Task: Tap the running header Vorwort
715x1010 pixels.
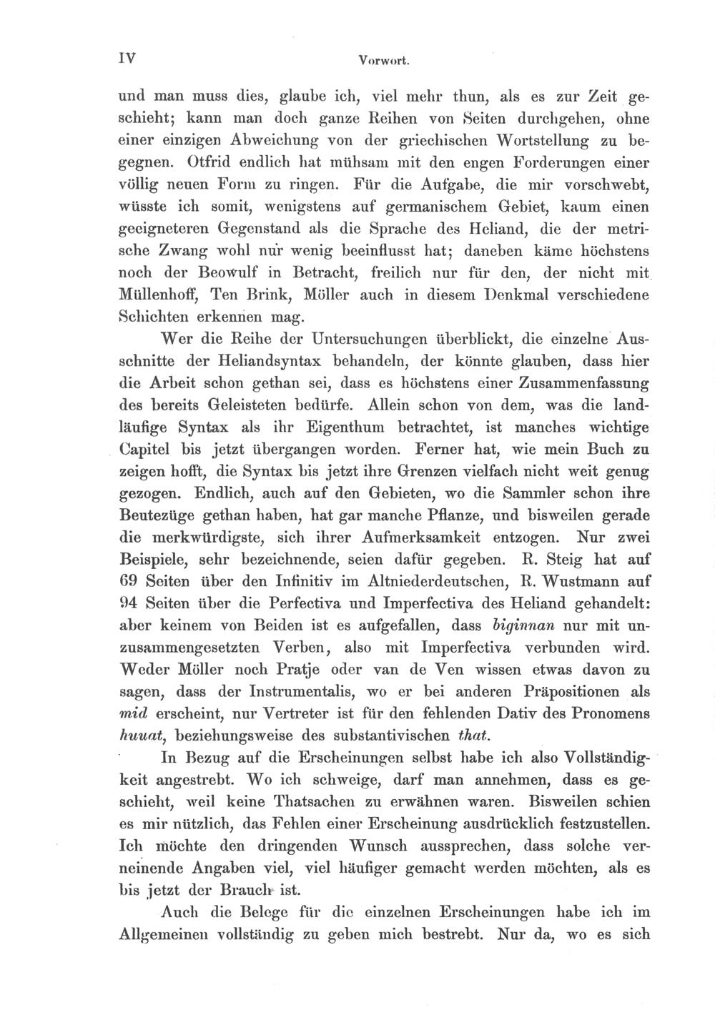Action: point(383,61)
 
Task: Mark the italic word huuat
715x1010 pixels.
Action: point(138,736)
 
